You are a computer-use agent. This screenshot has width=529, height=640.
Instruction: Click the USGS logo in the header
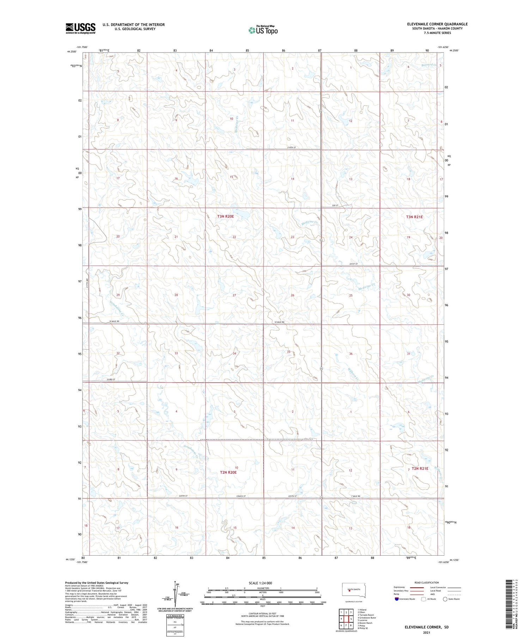pyautogui.click(x=80, y=28)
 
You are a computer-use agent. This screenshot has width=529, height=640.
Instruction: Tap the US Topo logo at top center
pyautogui.click(x=263, y=30)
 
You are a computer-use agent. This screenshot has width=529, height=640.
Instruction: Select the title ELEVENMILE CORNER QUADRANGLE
pyautogui.click(x=437, y=24)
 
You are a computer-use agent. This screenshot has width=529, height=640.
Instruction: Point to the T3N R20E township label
pyautogui.click(x=225, y=216)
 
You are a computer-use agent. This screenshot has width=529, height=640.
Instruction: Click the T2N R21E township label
pyautogui.click(x=420, y=468)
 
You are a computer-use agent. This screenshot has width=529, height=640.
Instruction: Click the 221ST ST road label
pyautogui.click(x=353, y=264)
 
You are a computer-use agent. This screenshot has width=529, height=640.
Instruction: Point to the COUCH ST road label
pyautogui.click(x=241, y=496)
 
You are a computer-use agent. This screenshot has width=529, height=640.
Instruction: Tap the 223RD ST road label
pyautogui.click(x=111, y=379)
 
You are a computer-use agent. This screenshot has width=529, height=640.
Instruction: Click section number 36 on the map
pyautogui.click(x=351, y=354)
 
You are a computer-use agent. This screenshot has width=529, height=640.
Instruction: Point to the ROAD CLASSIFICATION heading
pyautogui.click(x=427, y=582)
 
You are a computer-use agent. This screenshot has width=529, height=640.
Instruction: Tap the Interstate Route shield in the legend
pyautogui.click(x=397, y=599)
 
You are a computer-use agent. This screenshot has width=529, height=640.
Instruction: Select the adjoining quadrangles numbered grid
pyautogui.click(x=346, y=619)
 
